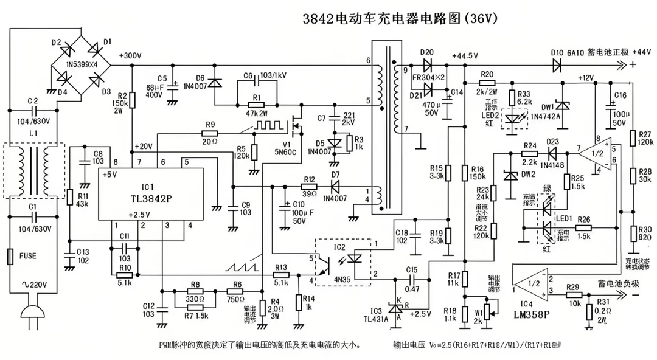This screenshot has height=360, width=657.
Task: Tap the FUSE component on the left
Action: point(10,256)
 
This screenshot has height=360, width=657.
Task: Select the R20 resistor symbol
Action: point(487,81)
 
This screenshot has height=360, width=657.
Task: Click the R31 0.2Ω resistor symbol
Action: point(589,311)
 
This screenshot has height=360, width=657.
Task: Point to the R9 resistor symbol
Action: point(210,133)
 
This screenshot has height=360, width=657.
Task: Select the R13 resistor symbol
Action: point(280,275)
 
